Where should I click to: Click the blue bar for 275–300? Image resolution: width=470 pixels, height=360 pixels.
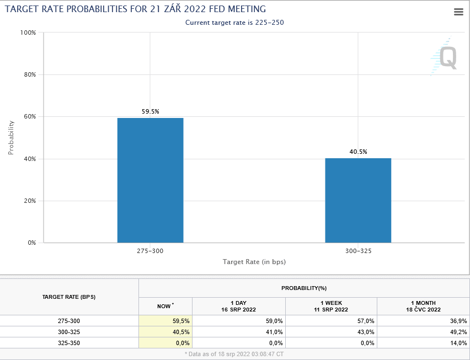point(150,180)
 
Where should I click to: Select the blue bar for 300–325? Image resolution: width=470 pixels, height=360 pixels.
point(358,201)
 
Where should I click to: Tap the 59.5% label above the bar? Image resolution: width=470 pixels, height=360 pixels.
point(150,111)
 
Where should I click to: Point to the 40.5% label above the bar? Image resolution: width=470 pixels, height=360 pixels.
point(358,152)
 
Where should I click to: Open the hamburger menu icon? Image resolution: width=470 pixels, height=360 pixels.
point(458,12)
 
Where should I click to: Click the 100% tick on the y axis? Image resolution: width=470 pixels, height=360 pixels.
point(28,33)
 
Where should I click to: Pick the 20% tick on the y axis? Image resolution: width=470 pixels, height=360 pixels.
point(29,201)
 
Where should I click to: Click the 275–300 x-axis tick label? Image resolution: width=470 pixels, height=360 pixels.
point(150,251)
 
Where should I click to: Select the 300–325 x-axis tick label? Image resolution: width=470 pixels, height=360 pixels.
point(358,251)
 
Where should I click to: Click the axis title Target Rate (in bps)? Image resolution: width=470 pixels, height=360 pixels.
point(254,261)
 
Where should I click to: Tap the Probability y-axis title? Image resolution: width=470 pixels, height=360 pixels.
point(10,138)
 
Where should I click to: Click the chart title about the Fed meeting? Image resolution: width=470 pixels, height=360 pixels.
point(136,9)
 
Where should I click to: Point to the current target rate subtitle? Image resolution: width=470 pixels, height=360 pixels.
point(234,23)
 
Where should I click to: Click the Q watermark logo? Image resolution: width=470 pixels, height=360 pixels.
point(445,57)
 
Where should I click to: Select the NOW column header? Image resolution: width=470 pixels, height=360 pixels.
point(165,306)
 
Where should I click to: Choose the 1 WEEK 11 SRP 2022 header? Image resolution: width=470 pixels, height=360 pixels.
point(331,306)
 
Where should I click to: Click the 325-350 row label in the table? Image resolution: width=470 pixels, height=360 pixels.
point(69,342)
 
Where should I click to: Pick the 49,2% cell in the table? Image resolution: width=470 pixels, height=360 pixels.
point(458,332)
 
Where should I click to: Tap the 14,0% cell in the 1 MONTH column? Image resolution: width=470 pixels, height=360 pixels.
point(458,342)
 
